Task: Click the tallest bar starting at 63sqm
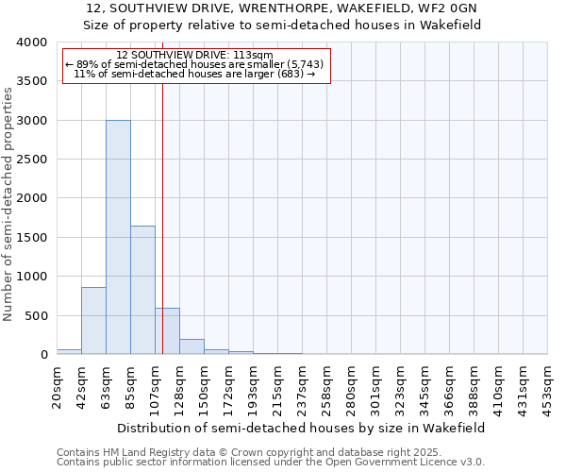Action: click(x=118, y=237)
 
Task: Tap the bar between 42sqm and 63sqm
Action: click(x=93, y=321)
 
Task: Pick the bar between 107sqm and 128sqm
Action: click(x=168, y=331)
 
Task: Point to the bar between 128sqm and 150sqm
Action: click(x=191, y=346)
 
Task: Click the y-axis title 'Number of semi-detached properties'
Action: click(x=8, y=203)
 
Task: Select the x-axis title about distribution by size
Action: click(x=302, y=428)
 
